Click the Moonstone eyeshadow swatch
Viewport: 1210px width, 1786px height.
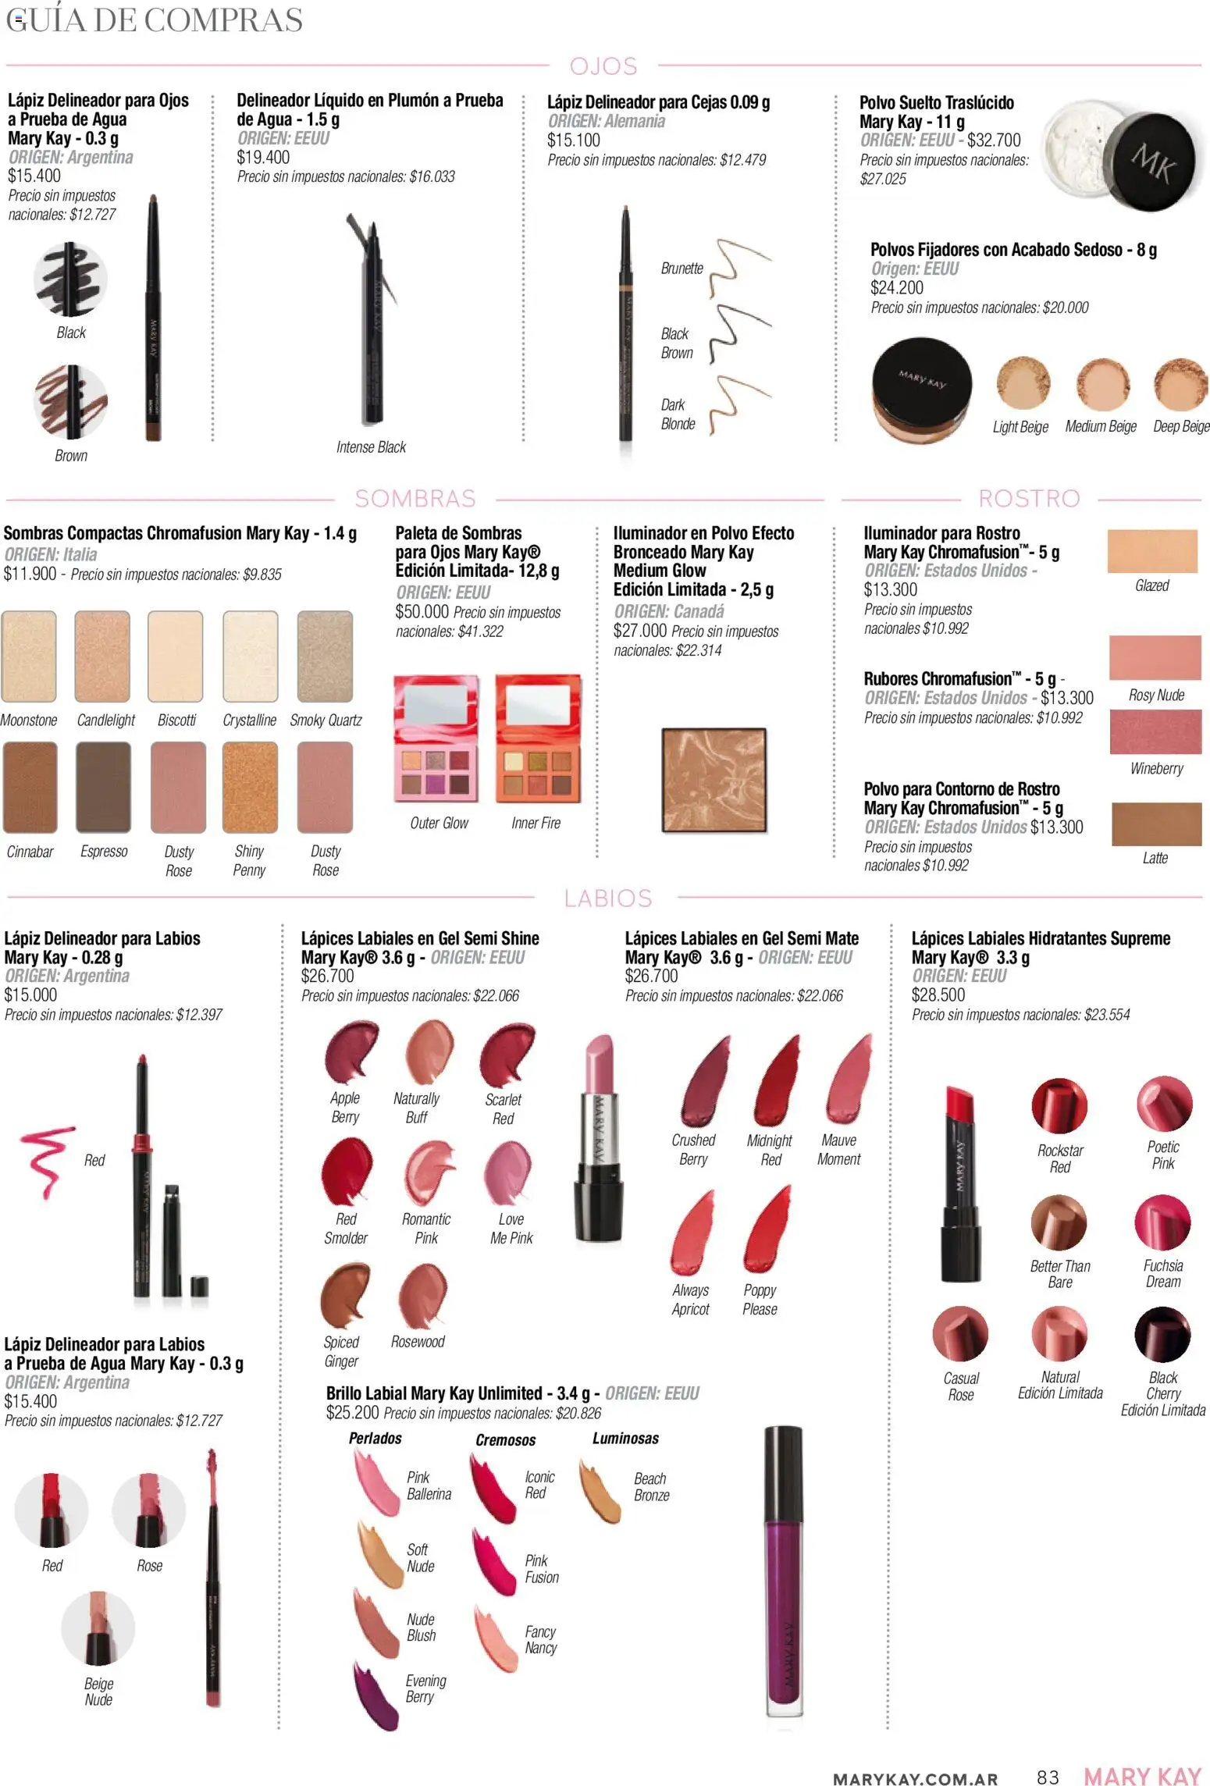click(29, 656)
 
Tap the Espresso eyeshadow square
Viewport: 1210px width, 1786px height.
click(103, 787)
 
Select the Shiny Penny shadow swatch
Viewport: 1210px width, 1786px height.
click(250, 787)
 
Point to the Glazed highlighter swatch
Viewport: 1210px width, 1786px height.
click(1152, 551)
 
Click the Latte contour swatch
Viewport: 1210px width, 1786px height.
click(1156, 824)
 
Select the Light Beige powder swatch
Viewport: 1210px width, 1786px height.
click(1021, 384)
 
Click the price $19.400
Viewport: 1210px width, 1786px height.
click(263, 157)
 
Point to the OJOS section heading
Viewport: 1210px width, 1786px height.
click(603, 66)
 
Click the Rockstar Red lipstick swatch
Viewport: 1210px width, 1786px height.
click(1059, 1106)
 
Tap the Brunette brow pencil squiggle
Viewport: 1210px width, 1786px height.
click(738, 268)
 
